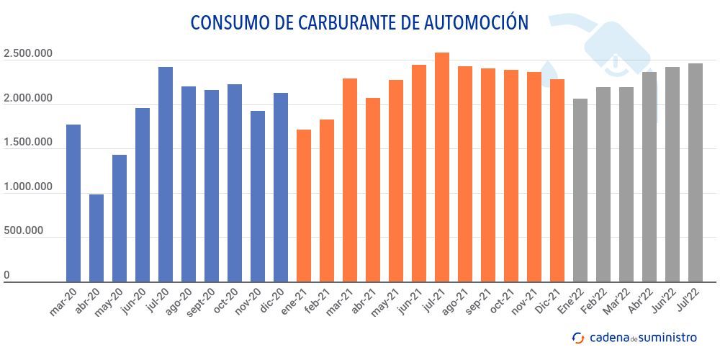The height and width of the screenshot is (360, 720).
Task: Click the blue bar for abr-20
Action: click(x=96, y=238)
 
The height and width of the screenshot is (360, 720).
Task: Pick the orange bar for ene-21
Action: click(x=304, y=206)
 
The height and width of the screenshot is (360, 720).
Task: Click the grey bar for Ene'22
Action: click(x=580, y=190)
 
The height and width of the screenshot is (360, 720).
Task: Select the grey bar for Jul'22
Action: click(x=696, y=173)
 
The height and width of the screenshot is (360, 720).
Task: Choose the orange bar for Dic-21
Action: click(x=557, y=181)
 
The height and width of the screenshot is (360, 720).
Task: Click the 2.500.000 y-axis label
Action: click(x=27, y=55)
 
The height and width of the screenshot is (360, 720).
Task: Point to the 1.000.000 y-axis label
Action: click(x=27, y=187)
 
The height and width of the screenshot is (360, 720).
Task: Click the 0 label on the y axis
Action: click(x=6, y=275)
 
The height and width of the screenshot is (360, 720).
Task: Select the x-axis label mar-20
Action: click(x=64, y=302)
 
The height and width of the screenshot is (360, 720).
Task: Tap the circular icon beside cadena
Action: click(x=577, y=338)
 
